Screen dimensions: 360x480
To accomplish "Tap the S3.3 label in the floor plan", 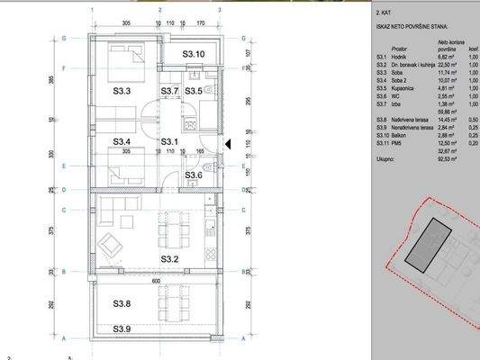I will (122, 91).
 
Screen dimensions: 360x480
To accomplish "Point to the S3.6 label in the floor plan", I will (194, 175).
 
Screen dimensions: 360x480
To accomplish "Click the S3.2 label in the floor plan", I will (171, 259).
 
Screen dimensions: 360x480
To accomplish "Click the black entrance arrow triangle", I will (228, 143).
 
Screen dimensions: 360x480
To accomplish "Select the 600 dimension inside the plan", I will (154, 280).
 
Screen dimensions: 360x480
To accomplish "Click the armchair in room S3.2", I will (112, 243).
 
